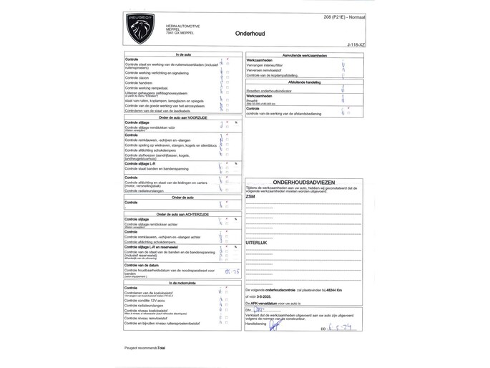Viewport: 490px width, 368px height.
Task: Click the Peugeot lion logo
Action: [x=140, y=28]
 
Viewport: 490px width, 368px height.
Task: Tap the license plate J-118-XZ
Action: [x=356, y=44]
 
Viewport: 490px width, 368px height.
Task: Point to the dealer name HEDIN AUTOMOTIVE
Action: [x=182, y=26]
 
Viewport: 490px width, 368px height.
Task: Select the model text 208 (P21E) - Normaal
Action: [x=345, y=16]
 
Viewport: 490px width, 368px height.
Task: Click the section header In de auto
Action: [x=183, y=54]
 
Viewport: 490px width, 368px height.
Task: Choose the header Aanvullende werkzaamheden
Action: [x=305, y=55]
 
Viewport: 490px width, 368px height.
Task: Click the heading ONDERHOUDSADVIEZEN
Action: [x=304, y=183]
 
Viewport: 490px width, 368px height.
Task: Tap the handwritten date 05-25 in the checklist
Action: [x=232, y=271]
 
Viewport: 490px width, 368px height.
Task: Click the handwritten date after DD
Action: [x=344, y=327]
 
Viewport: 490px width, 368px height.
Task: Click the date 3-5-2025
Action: [x=266, y=296]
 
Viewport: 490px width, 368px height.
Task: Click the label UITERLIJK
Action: [x=256, y=243]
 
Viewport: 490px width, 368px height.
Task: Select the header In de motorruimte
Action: [x=183, y=283]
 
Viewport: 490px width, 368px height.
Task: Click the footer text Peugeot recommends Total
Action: [x=144, y=347]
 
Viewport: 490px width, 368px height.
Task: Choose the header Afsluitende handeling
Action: [x=305, y=82]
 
